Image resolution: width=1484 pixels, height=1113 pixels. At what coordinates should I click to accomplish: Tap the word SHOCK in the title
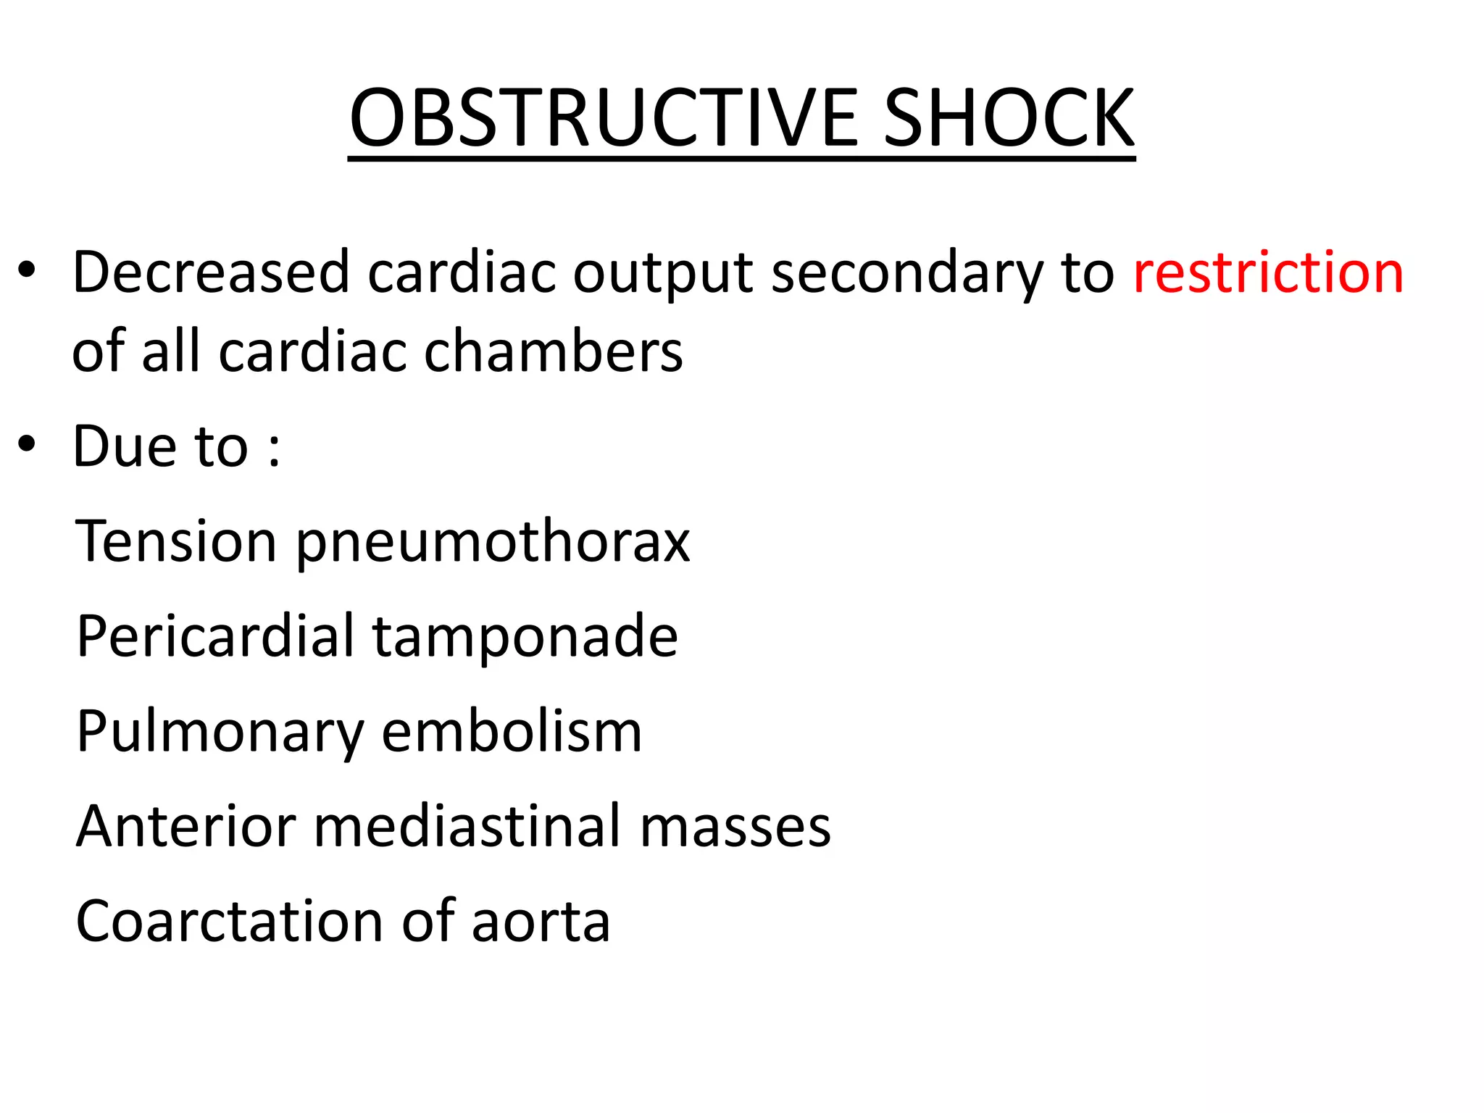tap(1009, 117)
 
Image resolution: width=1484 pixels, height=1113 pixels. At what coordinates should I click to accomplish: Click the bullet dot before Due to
tap(27, 443)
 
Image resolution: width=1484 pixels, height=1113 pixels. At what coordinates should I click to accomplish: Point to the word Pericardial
tap(216, 636)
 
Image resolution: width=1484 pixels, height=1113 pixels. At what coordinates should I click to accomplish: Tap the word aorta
tap(541, 922)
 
